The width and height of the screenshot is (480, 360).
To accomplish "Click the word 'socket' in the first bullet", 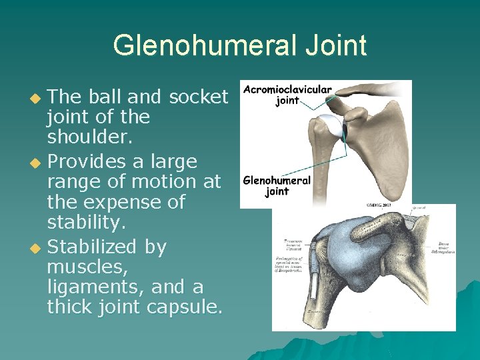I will (199, 97).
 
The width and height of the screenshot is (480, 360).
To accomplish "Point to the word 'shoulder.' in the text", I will (84, 137).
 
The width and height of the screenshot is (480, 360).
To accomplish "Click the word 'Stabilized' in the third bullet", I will (94, 247).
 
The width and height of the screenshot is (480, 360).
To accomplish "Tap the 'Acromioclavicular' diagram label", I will (287, 90).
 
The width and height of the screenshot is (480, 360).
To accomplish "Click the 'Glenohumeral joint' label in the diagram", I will (277, 185).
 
